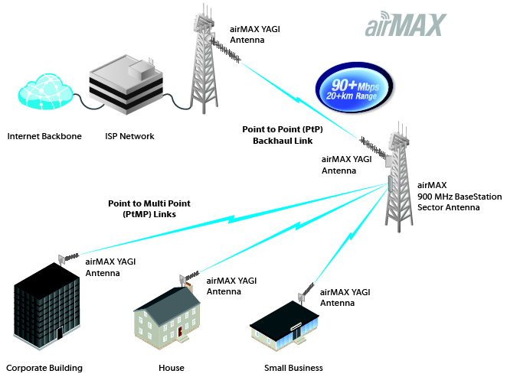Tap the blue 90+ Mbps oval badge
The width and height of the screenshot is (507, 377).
(x=354, y=88)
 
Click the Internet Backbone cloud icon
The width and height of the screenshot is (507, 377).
(x=45, y=92)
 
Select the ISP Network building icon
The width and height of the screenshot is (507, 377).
(x=126, y=85)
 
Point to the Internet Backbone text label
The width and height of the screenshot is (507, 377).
(x=44, y=136)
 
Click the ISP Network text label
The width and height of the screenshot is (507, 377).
(x=129, y=136)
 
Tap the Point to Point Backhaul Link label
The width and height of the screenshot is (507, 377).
(x=283, y=135)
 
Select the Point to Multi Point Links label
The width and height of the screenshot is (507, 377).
(x=149, y=209)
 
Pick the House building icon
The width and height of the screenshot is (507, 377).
(x=167, y=317)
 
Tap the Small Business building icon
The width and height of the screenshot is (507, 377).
(x=285, y=326)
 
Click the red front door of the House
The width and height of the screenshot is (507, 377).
(x=180, y=331)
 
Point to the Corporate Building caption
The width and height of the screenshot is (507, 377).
(x=44, y=368)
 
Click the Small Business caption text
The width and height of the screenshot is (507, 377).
(x=293, y=368)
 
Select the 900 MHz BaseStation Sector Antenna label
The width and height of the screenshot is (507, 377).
(x=460, y=197)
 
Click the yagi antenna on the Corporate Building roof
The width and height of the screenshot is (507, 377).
(x=68, y=258)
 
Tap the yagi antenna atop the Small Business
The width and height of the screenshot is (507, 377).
(x=306, y=292)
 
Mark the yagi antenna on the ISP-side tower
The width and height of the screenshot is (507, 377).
(x=225, y=50)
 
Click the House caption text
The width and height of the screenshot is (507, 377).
(x=172, y=368)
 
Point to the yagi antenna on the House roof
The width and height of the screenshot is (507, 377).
(x=189, y=278)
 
